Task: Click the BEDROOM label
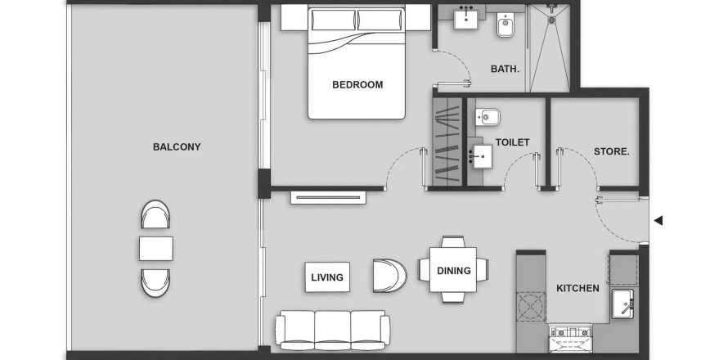(x=357, y=84)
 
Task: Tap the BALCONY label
(x=177, y=146)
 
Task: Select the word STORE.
(x=612, y=151)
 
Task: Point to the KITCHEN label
(x=577, y=288)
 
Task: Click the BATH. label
(x=506, y=70)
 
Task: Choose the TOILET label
(x=513, y=142)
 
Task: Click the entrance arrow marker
(x=658, y=221)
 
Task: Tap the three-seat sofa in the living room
(x=332, y=330)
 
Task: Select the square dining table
(x=453, y=269)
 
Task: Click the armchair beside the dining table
(x=389, y=276)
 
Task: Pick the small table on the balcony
(x=156, y=249)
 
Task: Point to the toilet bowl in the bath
(x=505, y=25)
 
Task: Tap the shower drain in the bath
(x=551, y=20)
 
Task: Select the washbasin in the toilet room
(x=481, y=157)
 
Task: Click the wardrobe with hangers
(x=447, y=142)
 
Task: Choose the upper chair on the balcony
(x=155, y=214)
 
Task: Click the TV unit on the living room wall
(x=328, y=197)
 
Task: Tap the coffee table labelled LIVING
(x=327, y=277)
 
